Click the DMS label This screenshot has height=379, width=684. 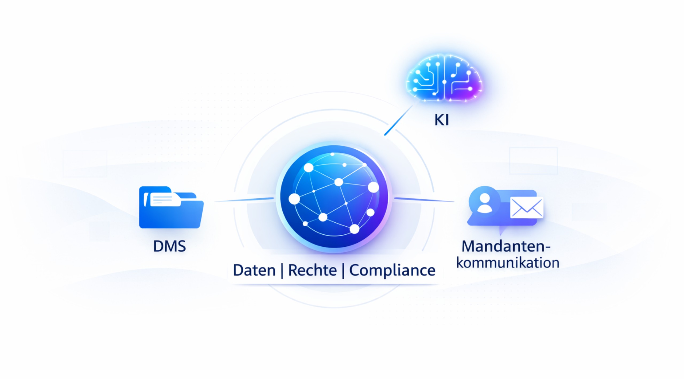pos(169,246)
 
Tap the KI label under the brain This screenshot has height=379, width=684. pos(441,120)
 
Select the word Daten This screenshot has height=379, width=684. pos(254,270)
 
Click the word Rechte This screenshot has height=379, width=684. pos(312,270)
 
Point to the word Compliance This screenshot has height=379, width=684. pos(392,270)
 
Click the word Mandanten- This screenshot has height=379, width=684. pos(506,246)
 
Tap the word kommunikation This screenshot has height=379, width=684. pos(508,263)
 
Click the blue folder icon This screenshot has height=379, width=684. pos(171,211)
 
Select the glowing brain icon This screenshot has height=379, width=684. pos(444,78)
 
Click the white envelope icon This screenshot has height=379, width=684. pos(526,208)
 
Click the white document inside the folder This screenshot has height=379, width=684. pos(165,199)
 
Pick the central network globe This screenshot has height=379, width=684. pos(334,197)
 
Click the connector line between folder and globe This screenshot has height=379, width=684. pos(244,200)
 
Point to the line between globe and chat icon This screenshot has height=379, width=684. pos(424,200)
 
